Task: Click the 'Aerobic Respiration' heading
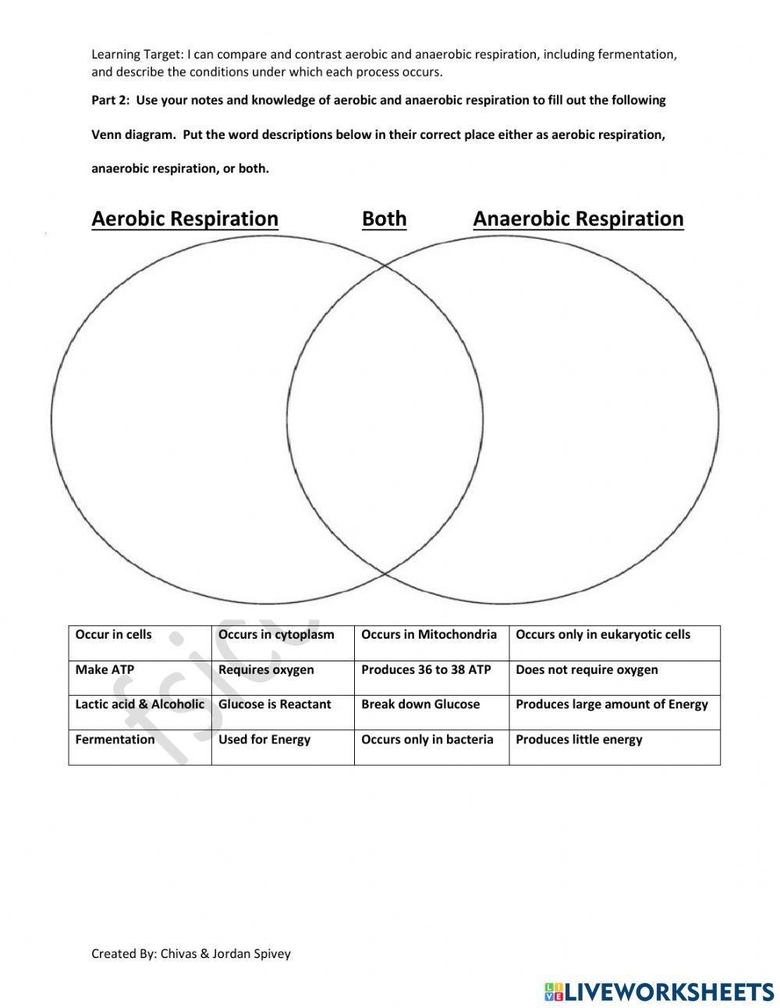(185, 219)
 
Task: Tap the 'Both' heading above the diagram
(384, 219)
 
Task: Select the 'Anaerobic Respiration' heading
(578, 219)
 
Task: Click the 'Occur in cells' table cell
(114, 635)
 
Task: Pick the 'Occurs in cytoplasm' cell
(276, 635)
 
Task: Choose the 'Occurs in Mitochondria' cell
(429, 635)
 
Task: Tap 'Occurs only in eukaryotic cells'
(603, 635)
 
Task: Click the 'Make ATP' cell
(105, 670)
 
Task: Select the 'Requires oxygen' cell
(266, 670)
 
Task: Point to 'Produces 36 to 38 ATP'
(426, 670)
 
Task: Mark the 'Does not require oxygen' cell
(587, 670)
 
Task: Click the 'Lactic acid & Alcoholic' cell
(140, 704)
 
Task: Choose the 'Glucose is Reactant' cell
(275, 704)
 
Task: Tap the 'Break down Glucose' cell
(420, 704)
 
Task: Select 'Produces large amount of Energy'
(612, 704)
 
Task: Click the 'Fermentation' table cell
(115, 739)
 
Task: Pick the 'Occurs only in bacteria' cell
(427, 739)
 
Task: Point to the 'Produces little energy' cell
(579, 739)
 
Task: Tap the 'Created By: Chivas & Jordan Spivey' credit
(191, 953)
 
